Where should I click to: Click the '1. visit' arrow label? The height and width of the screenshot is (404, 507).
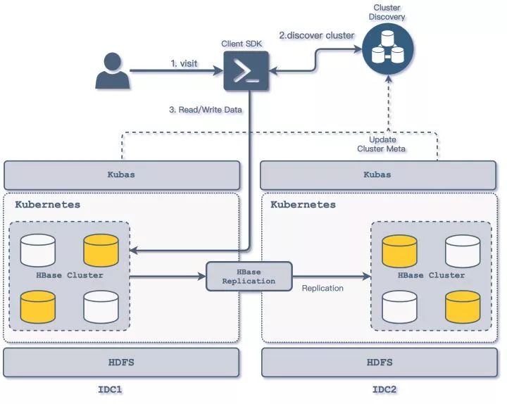184,63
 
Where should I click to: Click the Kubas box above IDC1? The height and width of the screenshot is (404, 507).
122,175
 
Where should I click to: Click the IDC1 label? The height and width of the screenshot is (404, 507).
113,389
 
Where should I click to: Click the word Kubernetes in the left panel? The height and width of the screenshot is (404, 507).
48,205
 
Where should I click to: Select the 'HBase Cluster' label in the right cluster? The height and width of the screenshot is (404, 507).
432,275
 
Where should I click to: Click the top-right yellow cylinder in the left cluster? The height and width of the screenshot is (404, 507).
101,251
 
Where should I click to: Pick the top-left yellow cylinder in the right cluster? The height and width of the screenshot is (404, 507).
399,251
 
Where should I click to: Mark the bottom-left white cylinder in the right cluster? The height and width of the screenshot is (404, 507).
399,306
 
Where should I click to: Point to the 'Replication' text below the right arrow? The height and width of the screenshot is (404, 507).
323,288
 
